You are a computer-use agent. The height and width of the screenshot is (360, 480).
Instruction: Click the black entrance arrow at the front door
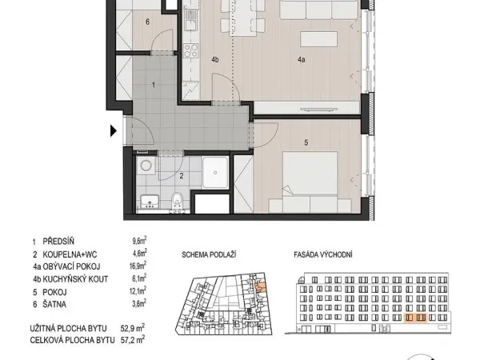pos(114,131)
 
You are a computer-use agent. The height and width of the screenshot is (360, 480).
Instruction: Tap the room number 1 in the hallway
pos(154,85)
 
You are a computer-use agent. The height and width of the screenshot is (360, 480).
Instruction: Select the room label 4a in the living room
pos(302,60)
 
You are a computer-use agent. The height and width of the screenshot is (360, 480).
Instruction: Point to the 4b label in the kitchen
pos(215,60)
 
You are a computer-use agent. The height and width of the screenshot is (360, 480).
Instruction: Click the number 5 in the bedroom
pos(306,142)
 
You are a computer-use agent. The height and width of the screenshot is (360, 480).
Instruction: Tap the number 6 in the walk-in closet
pos(147,22)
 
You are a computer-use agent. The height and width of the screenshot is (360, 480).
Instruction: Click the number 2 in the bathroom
pos(182,176)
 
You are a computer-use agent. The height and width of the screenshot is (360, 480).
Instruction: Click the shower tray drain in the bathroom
pos(215,173)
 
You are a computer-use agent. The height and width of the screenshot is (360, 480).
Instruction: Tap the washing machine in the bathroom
pos(146,166)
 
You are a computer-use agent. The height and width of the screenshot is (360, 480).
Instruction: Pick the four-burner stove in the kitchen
pos(190,50)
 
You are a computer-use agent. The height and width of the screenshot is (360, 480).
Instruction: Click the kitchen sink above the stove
pos(190,21)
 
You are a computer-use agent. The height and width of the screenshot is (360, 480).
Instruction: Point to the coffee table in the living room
pos(319,39)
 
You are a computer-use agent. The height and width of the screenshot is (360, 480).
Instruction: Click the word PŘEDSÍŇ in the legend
pos(58,242)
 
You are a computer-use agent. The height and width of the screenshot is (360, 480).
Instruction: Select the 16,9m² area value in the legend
pos(138,266)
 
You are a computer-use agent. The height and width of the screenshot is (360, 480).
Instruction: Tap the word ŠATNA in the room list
pos(54,304)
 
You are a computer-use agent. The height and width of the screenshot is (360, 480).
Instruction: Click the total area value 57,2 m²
pos(133,340)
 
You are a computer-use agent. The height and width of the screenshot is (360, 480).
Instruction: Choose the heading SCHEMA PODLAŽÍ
pos(209,254)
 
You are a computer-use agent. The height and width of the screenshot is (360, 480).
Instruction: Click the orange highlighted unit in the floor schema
pos(261,287)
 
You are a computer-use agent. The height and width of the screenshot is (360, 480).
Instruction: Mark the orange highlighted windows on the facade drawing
pos(416,318)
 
